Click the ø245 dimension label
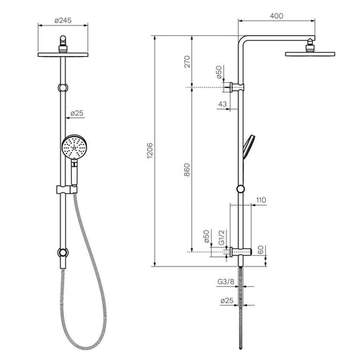pyautogui.click(x=63, y=20)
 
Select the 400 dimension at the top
pyautogui.click(x=276, y=16)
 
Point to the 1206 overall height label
pyautogui.click(x=150, y=150)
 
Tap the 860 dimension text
pyautogui.click(x=187, y=170)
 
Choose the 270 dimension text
pyautogui.click(x=187, y=61)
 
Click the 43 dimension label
pyautogui.click(x=222, y=104)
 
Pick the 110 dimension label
pyautogui.click(x=261, y=200)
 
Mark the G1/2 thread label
pyautogui.click(x=221, y=238)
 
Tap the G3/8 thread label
pyautogui.click(x=226, y=281)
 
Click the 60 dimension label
pyautogui.click(x=261, y=250)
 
